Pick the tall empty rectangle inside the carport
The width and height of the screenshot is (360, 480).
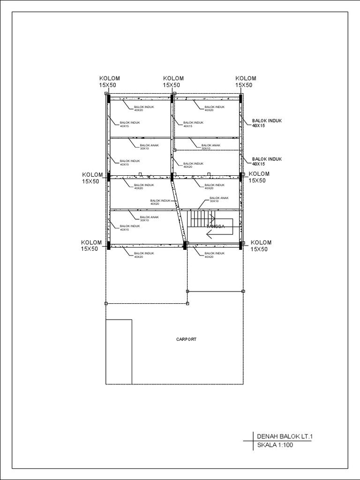119,352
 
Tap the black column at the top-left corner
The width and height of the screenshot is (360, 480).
108,99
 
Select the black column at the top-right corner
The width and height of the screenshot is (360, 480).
241,99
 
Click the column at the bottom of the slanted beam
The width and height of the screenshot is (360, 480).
185,245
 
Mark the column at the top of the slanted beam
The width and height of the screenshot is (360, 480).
172,177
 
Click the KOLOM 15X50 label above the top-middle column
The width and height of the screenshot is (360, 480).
173,82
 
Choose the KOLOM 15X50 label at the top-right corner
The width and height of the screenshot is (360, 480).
245,82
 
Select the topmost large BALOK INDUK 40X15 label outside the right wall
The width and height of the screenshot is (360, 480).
267,123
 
